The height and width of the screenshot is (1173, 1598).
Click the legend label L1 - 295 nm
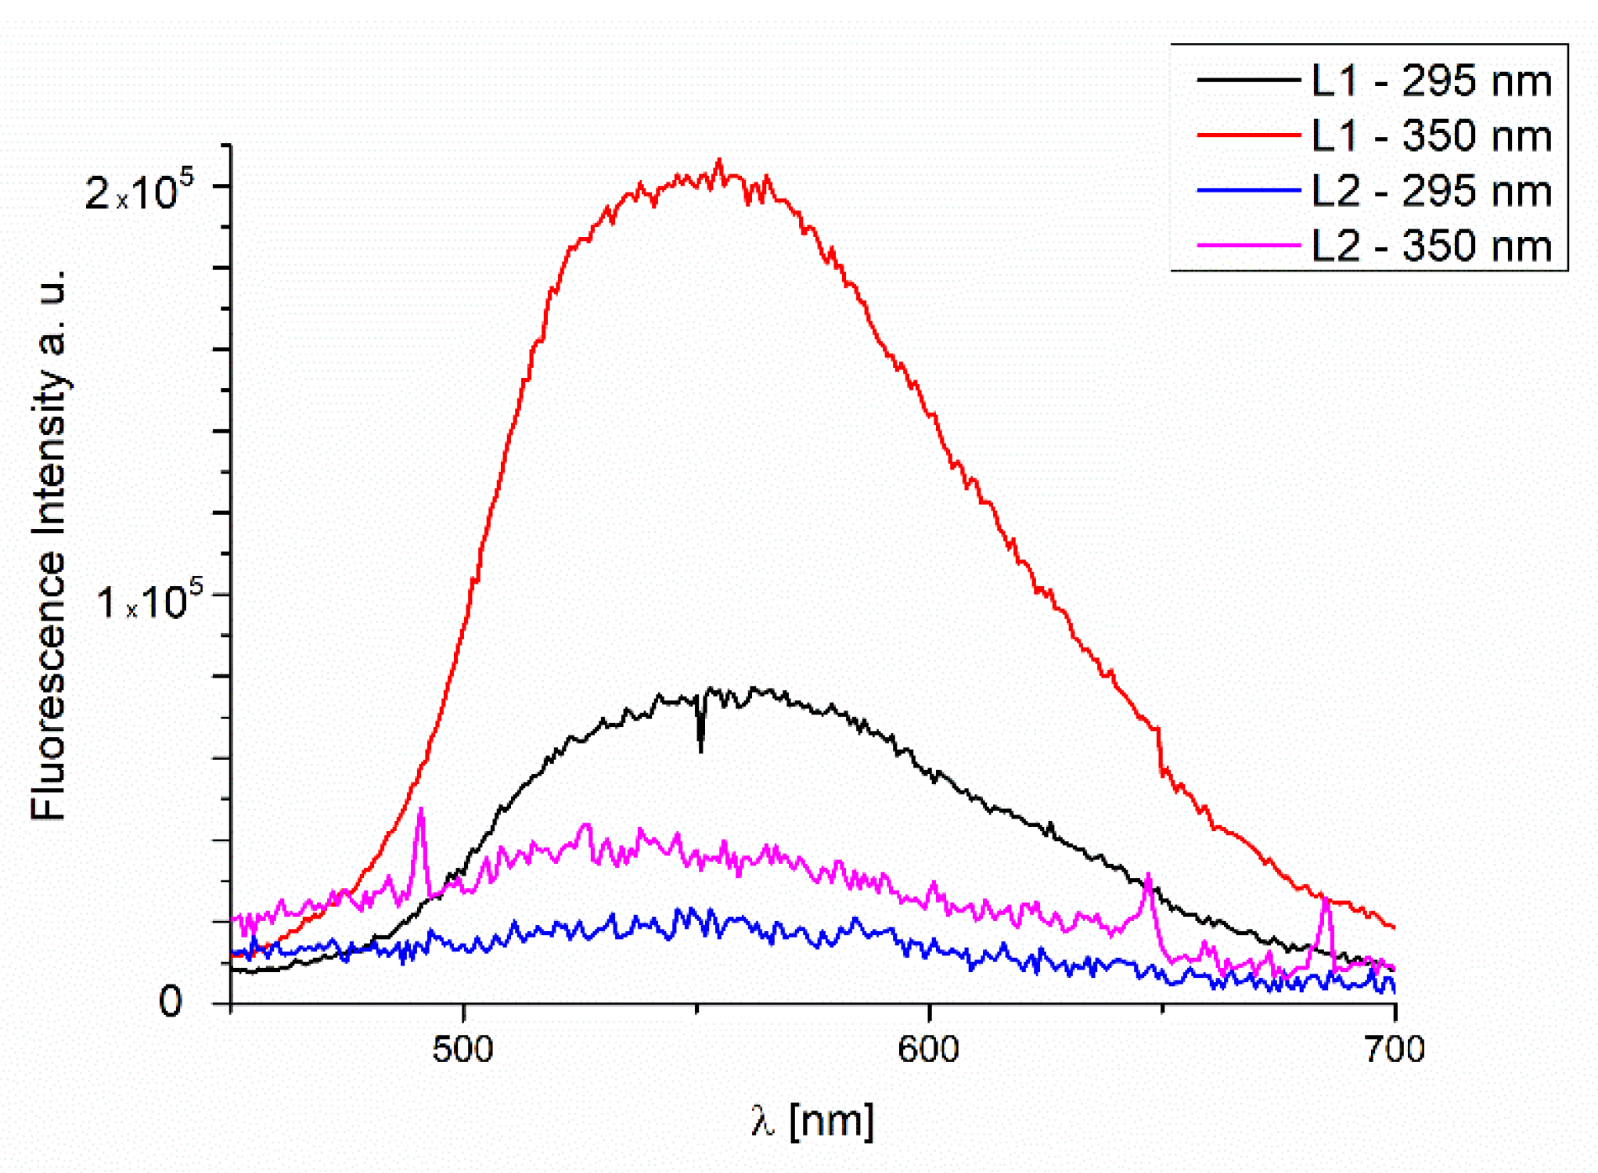coord(1431,81)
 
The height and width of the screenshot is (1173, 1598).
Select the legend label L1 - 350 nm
coord(1431,136)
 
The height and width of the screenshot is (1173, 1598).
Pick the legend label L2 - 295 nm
coord(1431,192)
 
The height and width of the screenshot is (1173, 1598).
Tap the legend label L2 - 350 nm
coord(1431,246)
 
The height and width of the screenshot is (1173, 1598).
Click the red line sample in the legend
coord(1248,135)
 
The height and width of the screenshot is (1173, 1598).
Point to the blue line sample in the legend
coord(1248,190)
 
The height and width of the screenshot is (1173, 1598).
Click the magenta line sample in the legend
coord(1248,246)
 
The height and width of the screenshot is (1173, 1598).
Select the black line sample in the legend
coord(1248,80)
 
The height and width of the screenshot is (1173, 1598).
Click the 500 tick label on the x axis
coord(462,1049)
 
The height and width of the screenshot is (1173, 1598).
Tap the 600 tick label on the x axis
coord(928,1049)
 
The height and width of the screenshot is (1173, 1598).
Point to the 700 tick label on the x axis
coord(1395,1049)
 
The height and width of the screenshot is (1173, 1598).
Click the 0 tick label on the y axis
coord(171,1001)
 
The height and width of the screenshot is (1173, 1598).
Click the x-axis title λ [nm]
coord(812,1121)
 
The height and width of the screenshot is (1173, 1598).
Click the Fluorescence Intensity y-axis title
coord(49,545)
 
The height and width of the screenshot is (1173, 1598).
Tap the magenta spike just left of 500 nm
coord(421,811)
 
